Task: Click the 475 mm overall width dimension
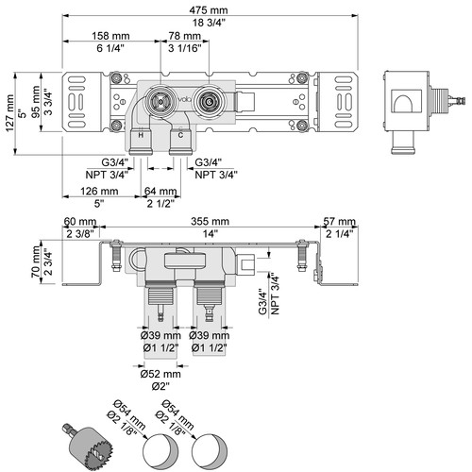pos(209,10)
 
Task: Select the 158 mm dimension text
pos(110,36)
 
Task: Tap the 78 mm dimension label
pos(184,36)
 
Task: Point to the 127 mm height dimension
pos(9,113)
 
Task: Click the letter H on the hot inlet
pos(141,135)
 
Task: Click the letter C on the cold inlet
pos(180,135)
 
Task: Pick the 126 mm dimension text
pos(99,191)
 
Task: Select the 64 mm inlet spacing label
pos(160,191)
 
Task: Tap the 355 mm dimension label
pos(210,221)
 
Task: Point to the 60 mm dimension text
pos(80,221)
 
